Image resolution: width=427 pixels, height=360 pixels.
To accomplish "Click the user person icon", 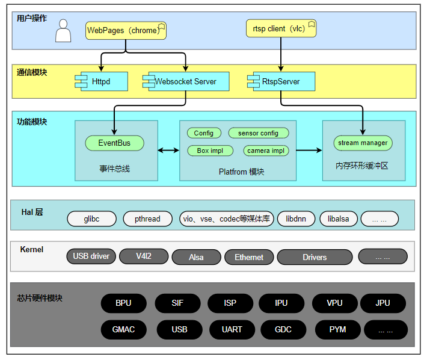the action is (x=63, y=31).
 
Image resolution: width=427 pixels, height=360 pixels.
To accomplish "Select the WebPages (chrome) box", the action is (x=126, y=31).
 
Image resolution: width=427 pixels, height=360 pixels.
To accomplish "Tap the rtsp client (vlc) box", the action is (x=281, y=28).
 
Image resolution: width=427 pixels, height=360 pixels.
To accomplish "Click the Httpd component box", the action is (x=101, y=81).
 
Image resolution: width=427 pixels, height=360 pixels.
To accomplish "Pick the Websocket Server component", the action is (x=186, y=81).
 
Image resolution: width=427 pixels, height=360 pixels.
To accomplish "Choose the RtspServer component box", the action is (x=281, y=81).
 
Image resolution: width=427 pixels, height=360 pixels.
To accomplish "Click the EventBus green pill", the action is (x=114, y=143).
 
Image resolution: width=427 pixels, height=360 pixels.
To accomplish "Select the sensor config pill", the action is (x=259, y=133).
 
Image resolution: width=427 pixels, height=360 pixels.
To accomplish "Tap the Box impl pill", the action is (x=210, y=151).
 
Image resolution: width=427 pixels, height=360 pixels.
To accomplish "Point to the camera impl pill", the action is (x=266, y=151).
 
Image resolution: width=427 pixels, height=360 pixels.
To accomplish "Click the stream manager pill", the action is (x=363, y=143).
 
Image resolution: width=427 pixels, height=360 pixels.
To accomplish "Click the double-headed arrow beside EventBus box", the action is (x=168, y=150).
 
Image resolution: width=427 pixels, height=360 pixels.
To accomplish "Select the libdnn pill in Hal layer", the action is (x=296, y=219).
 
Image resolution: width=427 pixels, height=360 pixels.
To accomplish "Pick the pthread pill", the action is (x=147, y=219).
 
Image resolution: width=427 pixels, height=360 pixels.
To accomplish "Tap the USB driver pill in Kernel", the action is (x=91, y=256).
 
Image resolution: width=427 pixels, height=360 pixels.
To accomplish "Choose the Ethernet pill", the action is (x=249, y=257).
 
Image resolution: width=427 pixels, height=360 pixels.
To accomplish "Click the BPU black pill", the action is (x=124, y=303).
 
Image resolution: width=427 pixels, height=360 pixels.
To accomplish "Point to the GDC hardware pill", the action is (x=283, y=329).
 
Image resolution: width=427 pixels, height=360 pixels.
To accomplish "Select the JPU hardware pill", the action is (x=383, y=303).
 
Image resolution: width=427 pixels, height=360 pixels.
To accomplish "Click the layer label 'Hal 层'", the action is (x=32, y=212).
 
